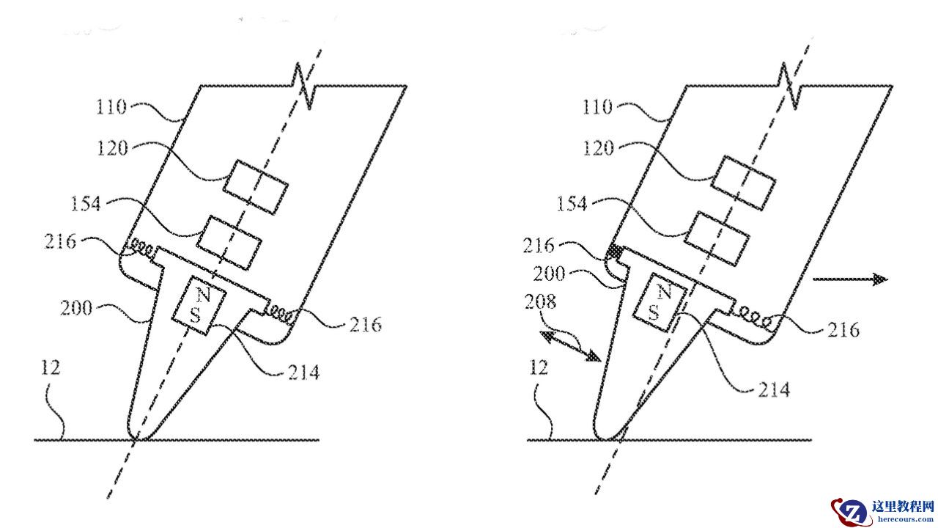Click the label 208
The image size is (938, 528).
[540, 301]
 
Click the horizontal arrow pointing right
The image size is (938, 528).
[850, 279]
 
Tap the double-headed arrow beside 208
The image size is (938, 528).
[571, 345]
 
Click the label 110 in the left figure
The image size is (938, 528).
[111, 108]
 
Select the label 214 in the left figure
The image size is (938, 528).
[303, 373]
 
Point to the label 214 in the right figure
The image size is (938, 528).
[774, 389]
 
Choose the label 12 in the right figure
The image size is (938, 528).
[539, 367]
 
